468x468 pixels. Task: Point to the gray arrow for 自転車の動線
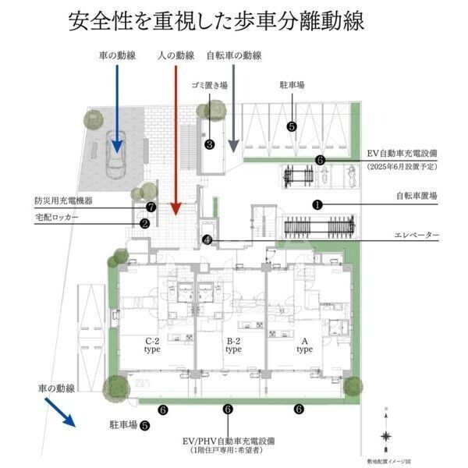232,109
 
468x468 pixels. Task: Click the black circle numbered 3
210,144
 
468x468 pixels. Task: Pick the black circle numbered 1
317,204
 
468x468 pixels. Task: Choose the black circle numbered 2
145,222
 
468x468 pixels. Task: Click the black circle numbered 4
206,240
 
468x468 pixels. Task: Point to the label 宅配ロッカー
57,216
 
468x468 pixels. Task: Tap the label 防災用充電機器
63,200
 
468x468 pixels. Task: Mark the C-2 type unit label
152,346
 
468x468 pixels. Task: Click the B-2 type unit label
233,346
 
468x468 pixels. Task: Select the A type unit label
304,346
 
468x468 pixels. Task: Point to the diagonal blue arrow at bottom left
60,412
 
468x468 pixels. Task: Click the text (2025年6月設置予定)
402,167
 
